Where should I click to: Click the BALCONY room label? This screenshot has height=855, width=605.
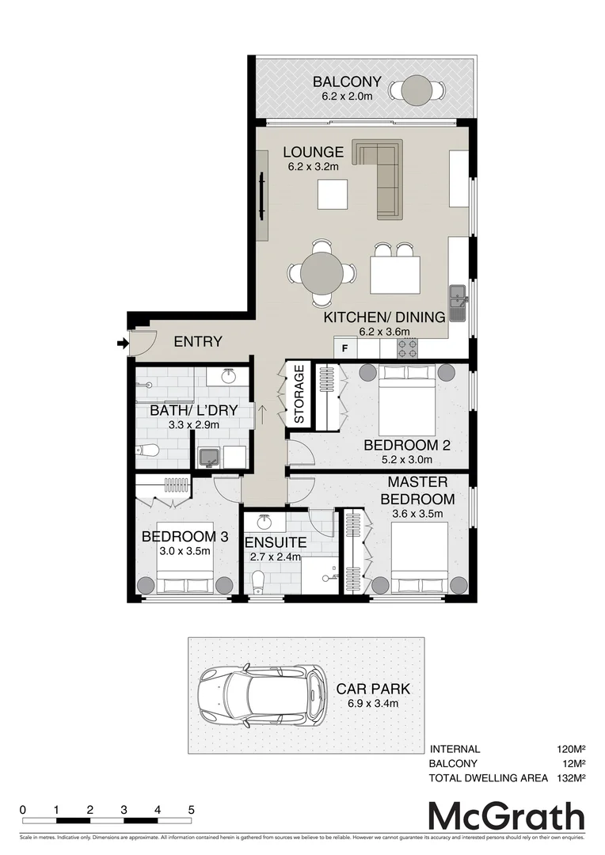pos(347,82)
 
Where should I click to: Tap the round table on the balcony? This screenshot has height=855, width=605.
pos(416,90)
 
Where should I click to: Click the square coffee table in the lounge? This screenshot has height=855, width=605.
pos(333,194)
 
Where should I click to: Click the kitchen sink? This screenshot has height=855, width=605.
pos(458,304)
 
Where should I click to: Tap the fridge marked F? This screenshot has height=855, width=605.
pos(344,347)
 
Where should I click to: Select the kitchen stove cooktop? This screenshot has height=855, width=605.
pos(408,346)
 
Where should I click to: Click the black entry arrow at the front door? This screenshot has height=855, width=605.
pos(122,343)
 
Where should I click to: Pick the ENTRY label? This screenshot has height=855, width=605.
pos(198,342)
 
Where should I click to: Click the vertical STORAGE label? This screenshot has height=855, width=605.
pos(299,394)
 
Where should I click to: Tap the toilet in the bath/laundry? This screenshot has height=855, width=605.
pos(147,451)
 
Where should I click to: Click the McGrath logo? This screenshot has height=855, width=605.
pos(506,816)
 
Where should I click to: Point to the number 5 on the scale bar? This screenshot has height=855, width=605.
pos(192,810)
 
